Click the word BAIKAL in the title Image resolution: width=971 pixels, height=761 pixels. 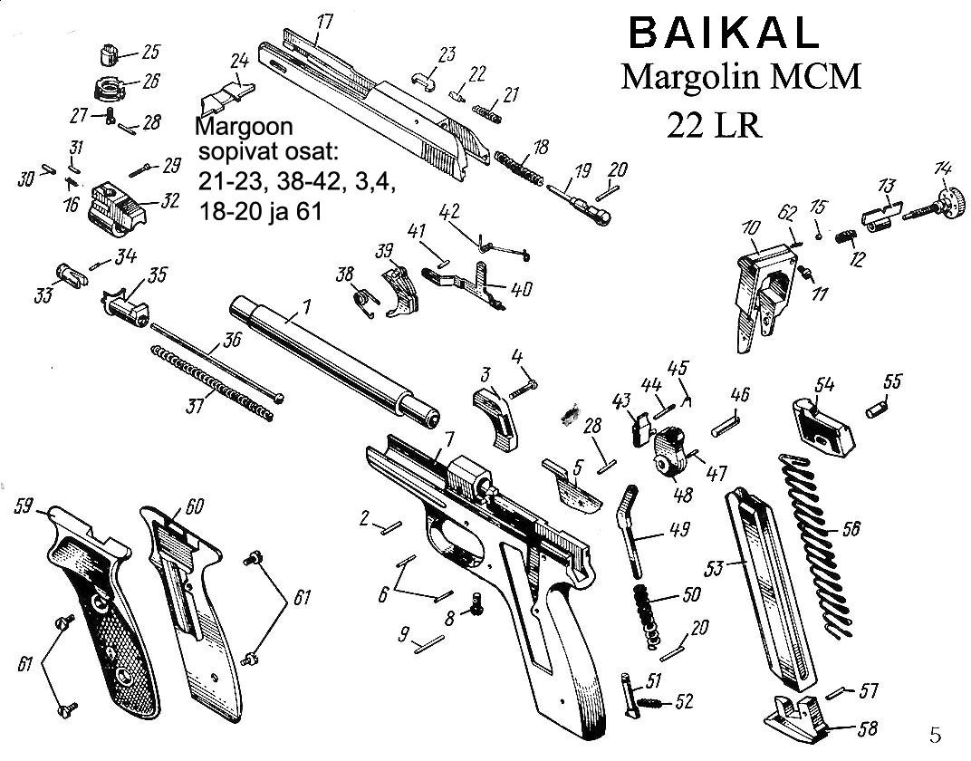click(722, 34)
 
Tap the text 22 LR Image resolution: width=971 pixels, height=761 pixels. click(714, 124)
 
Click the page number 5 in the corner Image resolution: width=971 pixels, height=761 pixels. click(936, 732)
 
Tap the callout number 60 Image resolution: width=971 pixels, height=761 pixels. click(195, 505)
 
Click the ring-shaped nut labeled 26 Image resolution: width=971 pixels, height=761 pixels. click(111, 89)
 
